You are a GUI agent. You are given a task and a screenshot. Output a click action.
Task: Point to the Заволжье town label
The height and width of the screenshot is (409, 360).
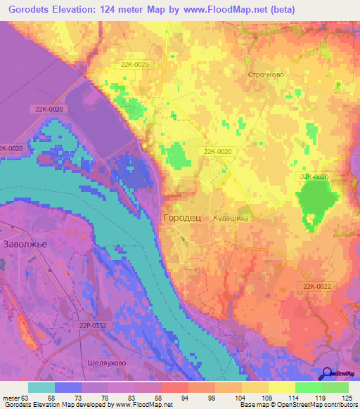25,245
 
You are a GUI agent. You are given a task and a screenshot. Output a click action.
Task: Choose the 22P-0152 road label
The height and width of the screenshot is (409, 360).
93,325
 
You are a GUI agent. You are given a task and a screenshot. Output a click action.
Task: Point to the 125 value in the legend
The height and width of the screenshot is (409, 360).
342,399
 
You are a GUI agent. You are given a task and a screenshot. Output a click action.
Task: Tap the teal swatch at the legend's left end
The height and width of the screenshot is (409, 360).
41,387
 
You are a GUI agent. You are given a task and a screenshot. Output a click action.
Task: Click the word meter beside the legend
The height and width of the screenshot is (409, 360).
11,399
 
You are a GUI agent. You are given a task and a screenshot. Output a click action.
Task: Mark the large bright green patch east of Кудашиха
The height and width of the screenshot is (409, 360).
316,199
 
